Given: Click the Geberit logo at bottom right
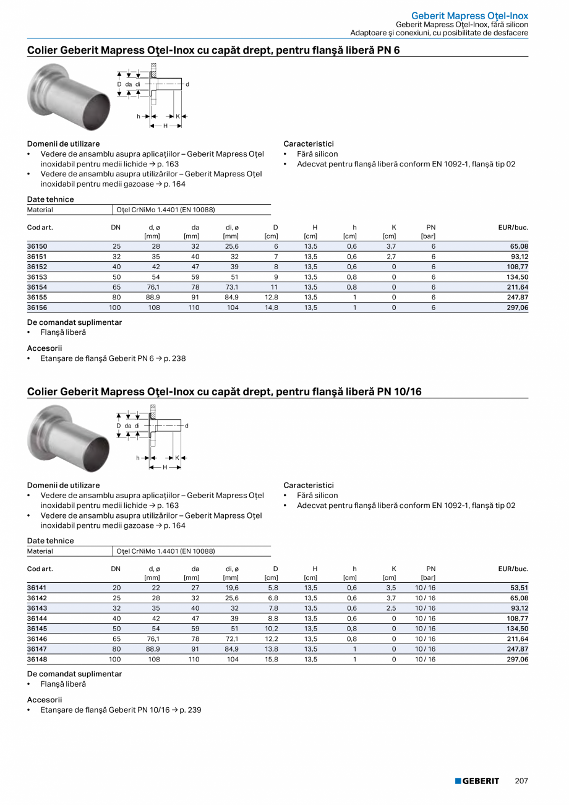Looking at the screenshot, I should click(x=477, y=781).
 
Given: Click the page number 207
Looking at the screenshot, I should click(x=521, y=781).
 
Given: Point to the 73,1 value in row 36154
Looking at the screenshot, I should click(x=233, y=286).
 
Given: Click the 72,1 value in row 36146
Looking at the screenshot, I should click(x=233, y=639).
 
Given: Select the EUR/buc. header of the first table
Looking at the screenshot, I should click(x=513, y=227).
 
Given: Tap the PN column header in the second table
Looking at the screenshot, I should click(x=431, y=569).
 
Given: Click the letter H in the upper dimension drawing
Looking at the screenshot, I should click(x=165, y=126).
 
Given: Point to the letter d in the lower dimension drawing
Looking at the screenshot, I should click(x=186, y=425).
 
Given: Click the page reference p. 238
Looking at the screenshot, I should click(x=174, y=358).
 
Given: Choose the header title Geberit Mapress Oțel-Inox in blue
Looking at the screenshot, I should click(x=469, y=15).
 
